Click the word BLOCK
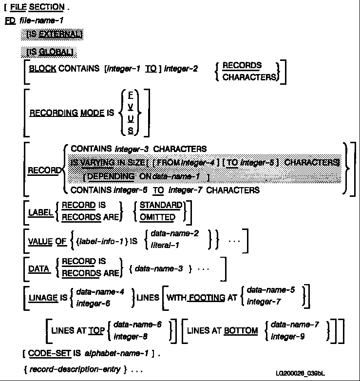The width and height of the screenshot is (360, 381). pos(42,69)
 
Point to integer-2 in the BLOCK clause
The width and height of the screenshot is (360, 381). pos(181,69)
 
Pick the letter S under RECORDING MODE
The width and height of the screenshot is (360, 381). pos(131,130)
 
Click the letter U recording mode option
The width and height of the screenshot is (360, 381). pos(131,118)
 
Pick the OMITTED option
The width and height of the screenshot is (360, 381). pos(157,217)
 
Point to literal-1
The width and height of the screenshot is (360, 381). pos(165,245)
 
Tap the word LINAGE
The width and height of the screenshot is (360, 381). pos(43,297)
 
